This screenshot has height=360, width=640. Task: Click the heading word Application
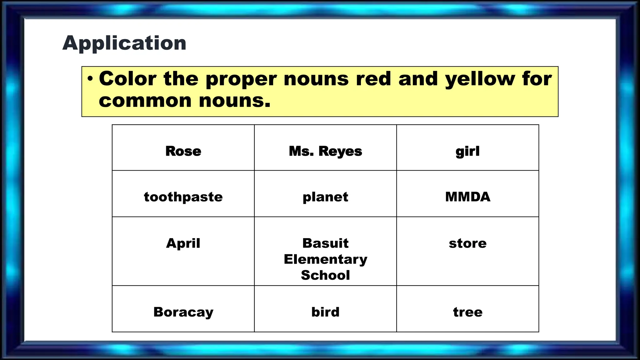pyautogui.click(x=124, y=43)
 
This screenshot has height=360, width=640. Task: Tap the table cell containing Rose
pyautogui.click(x=183, y=151)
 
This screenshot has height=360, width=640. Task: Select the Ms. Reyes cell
pyautogui.click(x=325, y=151)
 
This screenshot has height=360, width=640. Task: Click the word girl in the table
pyautogui.click(x=467, y=151)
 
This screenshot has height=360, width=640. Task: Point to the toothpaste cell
pyautogui.click(x=183, y=197)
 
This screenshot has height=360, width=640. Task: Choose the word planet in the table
pyautogui.click(x=325, y=197)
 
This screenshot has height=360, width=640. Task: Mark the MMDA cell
pyautogui.click(x=467, y=197)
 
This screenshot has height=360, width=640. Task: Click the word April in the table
pyautogui.click(x=183, y=243)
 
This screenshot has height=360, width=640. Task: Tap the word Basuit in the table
pyautogui.click(x=325, y=243)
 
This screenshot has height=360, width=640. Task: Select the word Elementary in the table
pyautogui.click(x=325, y=259)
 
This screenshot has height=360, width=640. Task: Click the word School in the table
pyautogui.click(x=325, y=275)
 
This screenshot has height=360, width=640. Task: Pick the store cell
pyautogui.click(x=467, y=243)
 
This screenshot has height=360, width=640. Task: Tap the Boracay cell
pyautogui.click(x=183, y=312)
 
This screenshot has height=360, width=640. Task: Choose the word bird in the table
pyautogui.click(x=325, y=312)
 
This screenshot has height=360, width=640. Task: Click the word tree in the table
pyautogui.click(x=467, y=312)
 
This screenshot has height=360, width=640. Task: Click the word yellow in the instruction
pyautogui.click(x=480, y=79)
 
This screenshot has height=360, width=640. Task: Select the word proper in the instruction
pyautogui.click(x=241, y=79)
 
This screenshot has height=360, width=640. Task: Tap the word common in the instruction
pyautogui.click(x=145, y=101)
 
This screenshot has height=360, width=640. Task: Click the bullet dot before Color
pyautogui.click(x=90, y=79)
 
